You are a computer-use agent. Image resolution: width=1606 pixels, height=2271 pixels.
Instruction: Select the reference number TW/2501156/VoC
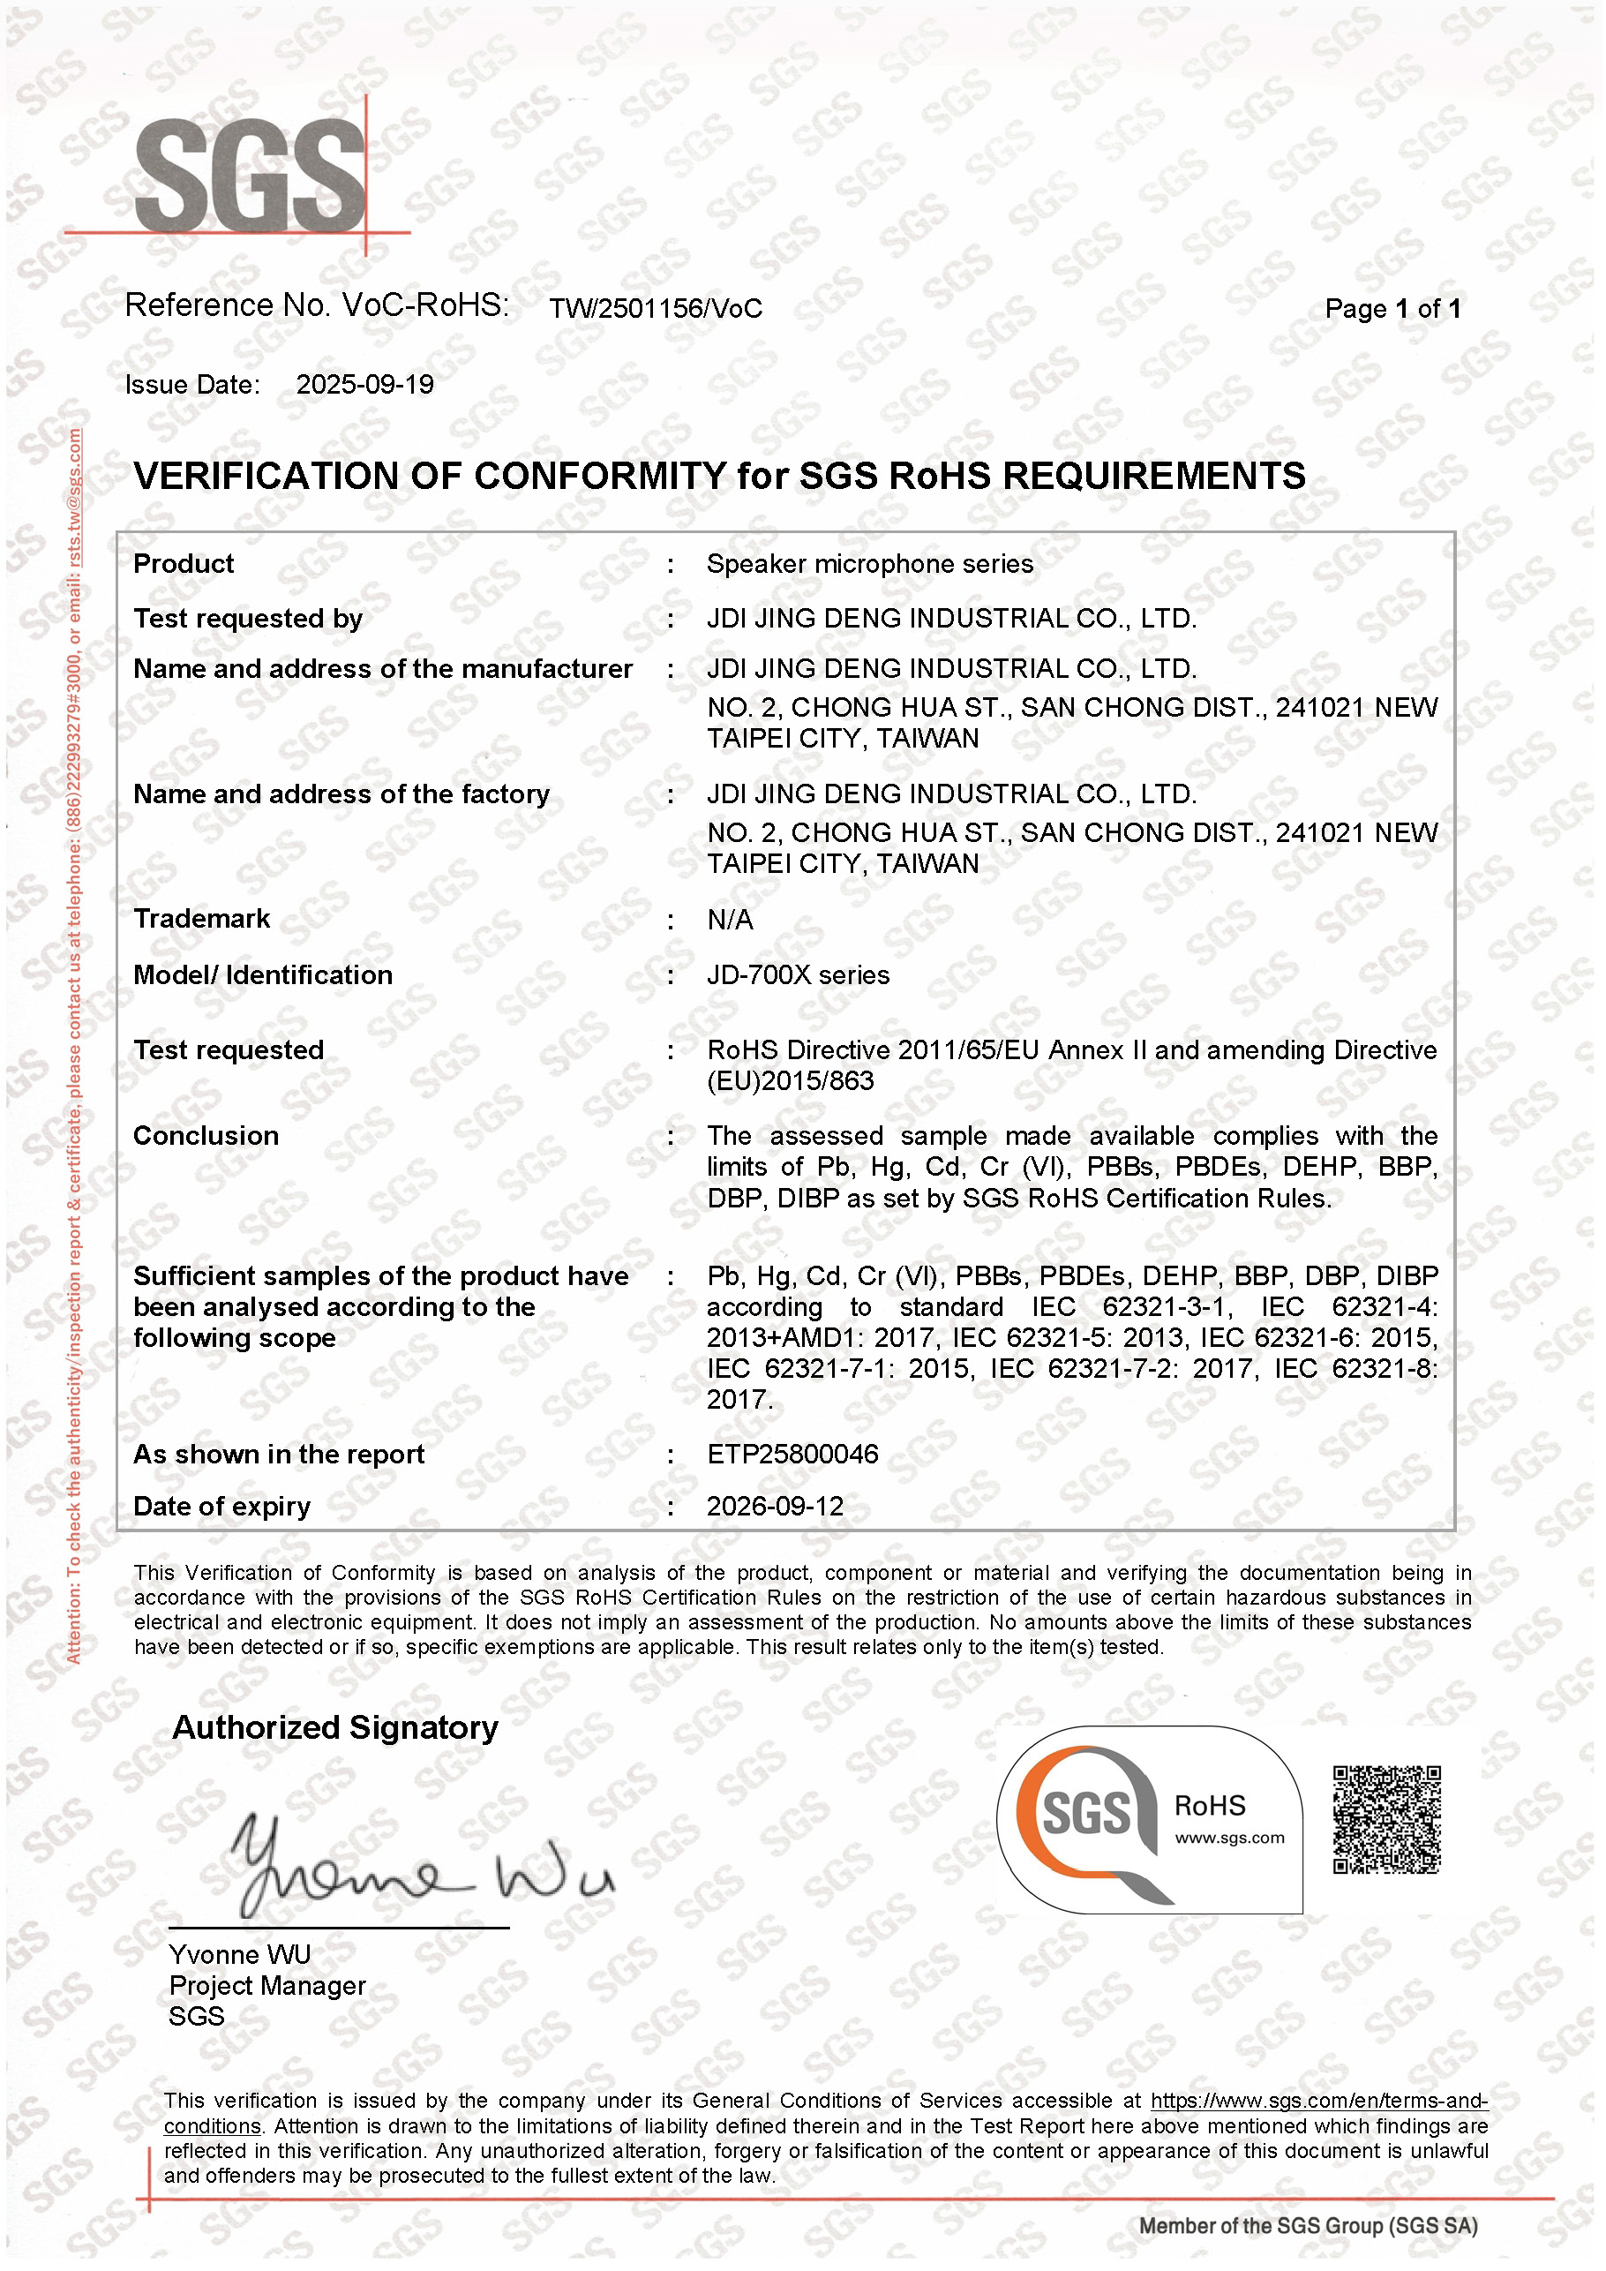(656, 310)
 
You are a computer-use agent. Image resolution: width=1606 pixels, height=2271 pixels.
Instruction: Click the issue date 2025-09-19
(365, 385)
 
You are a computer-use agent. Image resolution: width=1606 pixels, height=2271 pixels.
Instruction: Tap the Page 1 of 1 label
(1392, 310)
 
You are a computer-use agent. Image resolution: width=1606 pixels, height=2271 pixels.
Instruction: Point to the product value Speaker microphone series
(869, 565)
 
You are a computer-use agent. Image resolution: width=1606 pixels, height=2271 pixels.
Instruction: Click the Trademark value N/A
(730, 921)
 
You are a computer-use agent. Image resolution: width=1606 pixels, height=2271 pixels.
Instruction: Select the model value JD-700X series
(798, 976)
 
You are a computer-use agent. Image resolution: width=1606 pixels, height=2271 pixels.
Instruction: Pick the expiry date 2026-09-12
(776, 1507)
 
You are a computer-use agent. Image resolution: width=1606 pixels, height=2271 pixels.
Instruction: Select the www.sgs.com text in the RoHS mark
(1229, 1839)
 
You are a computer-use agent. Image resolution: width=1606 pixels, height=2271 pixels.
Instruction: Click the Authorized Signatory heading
(335, 1728)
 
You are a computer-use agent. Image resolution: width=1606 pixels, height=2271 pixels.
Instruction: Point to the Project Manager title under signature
(267, 1986)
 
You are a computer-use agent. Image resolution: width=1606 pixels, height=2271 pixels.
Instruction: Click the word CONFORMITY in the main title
(599, 477)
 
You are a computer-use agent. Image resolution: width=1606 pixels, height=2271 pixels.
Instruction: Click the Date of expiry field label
(221, 1507)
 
